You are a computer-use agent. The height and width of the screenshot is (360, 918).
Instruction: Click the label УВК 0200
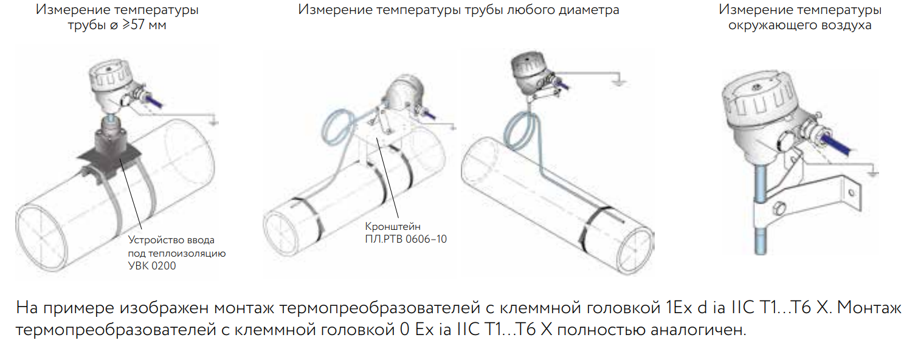pyautogui.click(x=152, y=266)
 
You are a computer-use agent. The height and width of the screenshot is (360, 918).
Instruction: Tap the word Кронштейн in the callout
pyautogui.click(x=393, y=226)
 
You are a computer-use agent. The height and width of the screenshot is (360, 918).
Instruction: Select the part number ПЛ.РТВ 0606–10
pyautogui.click(x=406, y=239)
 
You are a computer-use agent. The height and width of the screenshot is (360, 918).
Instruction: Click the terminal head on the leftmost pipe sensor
pyautogui.click(x=109, y=84)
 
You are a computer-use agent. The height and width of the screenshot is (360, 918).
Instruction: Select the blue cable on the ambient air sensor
pyautogui.click(x=836, y=144)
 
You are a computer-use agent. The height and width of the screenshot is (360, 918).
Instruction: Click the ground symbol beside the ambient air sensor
pyautogui.click(x=874, y=173)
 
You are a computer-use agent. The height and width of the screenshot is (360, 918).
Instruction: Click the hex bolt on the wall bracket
pyautogui.click(x=779, y=209)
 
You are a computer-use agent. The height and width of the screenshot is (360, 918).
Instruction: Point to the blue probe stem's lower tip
pyautogui.click(x=761, y=254)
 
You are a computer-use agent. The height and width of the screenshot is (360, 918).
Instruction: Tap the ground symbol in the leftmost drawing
pyautogui.click(x=214, y=122)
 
